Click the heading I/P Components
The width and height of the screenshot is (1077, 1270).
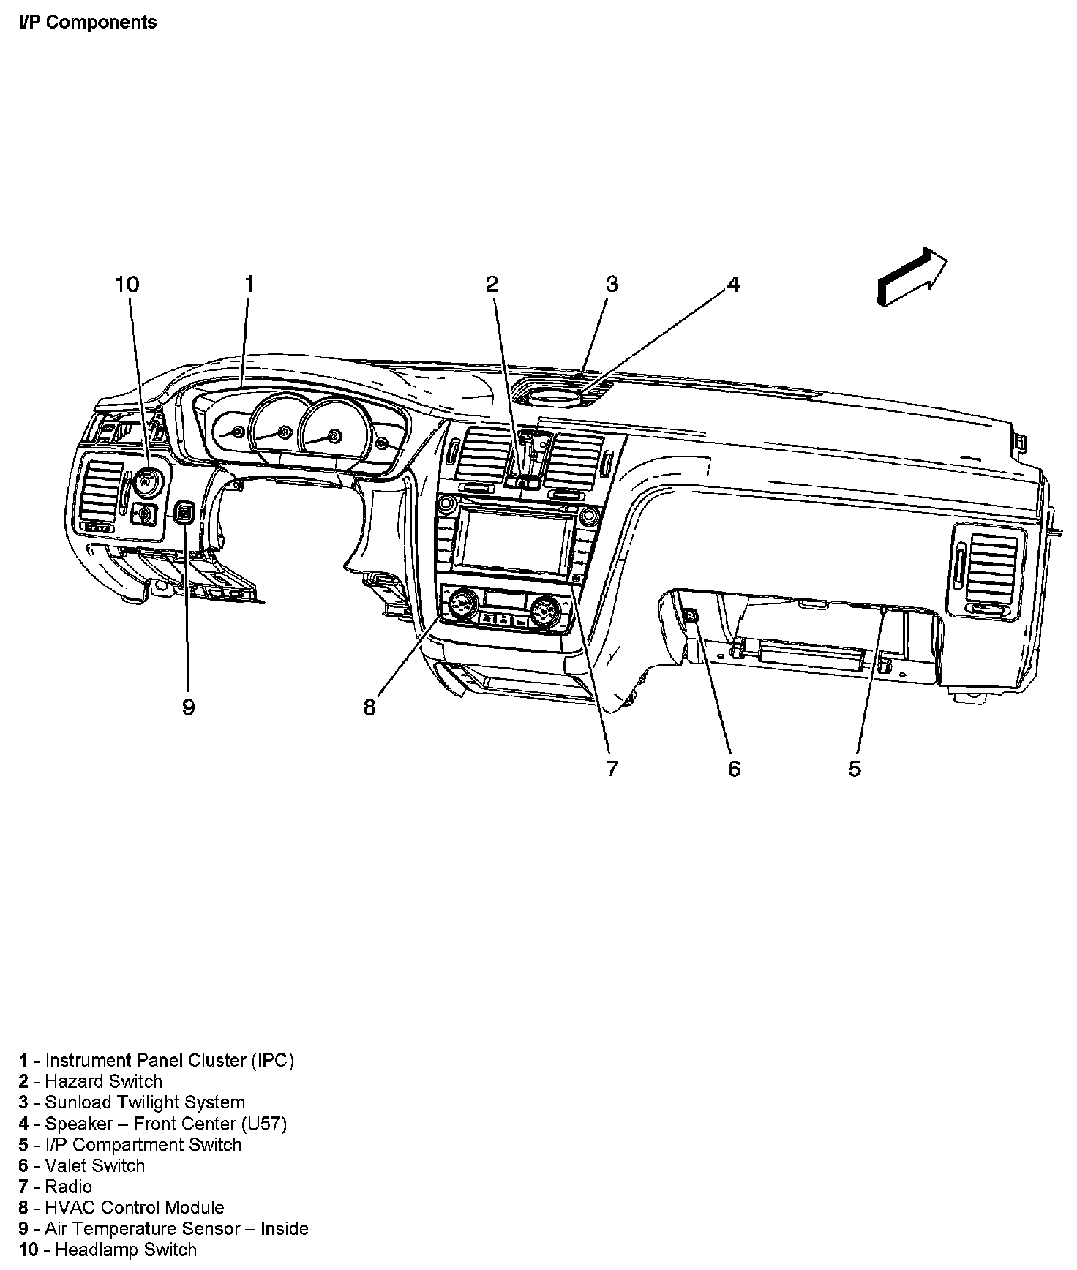[x=87, y=22]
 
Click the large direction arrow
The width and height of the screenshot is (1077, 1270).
[x=911, y=276]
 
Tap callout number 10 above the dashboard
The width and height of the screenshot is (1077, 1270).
[x=127, y=284]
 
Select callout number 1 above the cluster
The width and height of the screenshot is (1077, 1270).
[x=249, y=284]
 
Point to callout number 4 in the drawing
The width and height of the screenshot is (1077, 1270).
[x=733, y=284]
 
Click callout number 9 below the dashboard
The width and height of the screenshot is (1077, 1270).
[x=188, y=707]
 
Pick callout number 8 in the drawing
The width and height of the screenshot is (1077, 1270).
[x=369, y=707]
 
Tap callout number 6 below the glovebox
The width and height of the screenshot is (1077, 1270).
[x=733, y=768]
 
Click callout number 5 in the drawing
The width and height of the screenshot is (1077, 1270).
[x=855, y=768]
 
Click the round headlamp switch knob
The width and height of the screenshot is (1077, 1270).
[x=149, y=483]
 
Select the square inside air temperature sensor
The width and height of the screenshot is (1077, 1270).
[x=184, y=512]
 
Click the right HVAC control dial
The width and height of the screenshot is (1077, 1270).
[x=545, y=607]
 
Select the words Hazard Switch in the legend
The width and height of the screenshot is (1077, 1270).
[x=103, y=1081]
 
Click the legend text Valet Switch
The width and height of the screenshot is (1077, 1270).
[x=94, y=1165]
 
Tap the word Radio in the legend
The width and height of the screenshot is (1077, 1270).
[x=68, y=1187]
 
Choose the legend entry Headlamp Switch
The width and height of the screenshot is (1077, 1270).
[x=126, y=1250]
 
